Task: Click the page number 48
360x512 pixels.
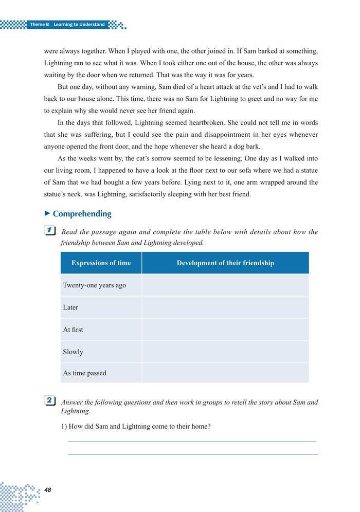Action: point(48,490)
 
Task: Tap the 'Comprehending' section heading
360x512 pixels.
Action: point(82,214)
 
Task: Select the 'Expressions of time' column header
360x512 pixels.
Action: point(101,263)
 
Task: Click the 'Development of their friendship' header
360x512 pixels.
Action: point(225,263)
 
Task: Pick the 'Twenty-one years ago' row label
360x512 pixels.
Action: point(94,285)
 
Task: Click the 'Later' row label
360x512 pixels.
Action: point(70,307)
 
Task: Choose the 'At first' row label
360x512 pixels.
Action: point(73,330)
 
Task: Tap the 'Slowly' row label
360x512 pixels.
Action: point(73,352)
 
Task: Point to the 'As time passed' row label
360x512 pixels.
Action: point(85,373)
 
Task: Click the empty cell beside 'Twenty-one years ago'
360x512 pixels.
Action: point(225,285)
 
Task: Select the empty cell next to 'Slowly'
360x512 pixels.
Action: point(225,352)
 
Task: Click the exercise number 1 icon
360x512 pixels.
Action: point(50,231)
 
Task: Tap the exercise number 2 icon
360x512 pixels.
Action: point(50,400)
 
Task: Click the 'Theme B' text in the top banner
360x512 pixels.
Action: point(39,25)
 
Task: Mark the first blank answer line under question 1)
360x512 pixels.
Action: point(192,441)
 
